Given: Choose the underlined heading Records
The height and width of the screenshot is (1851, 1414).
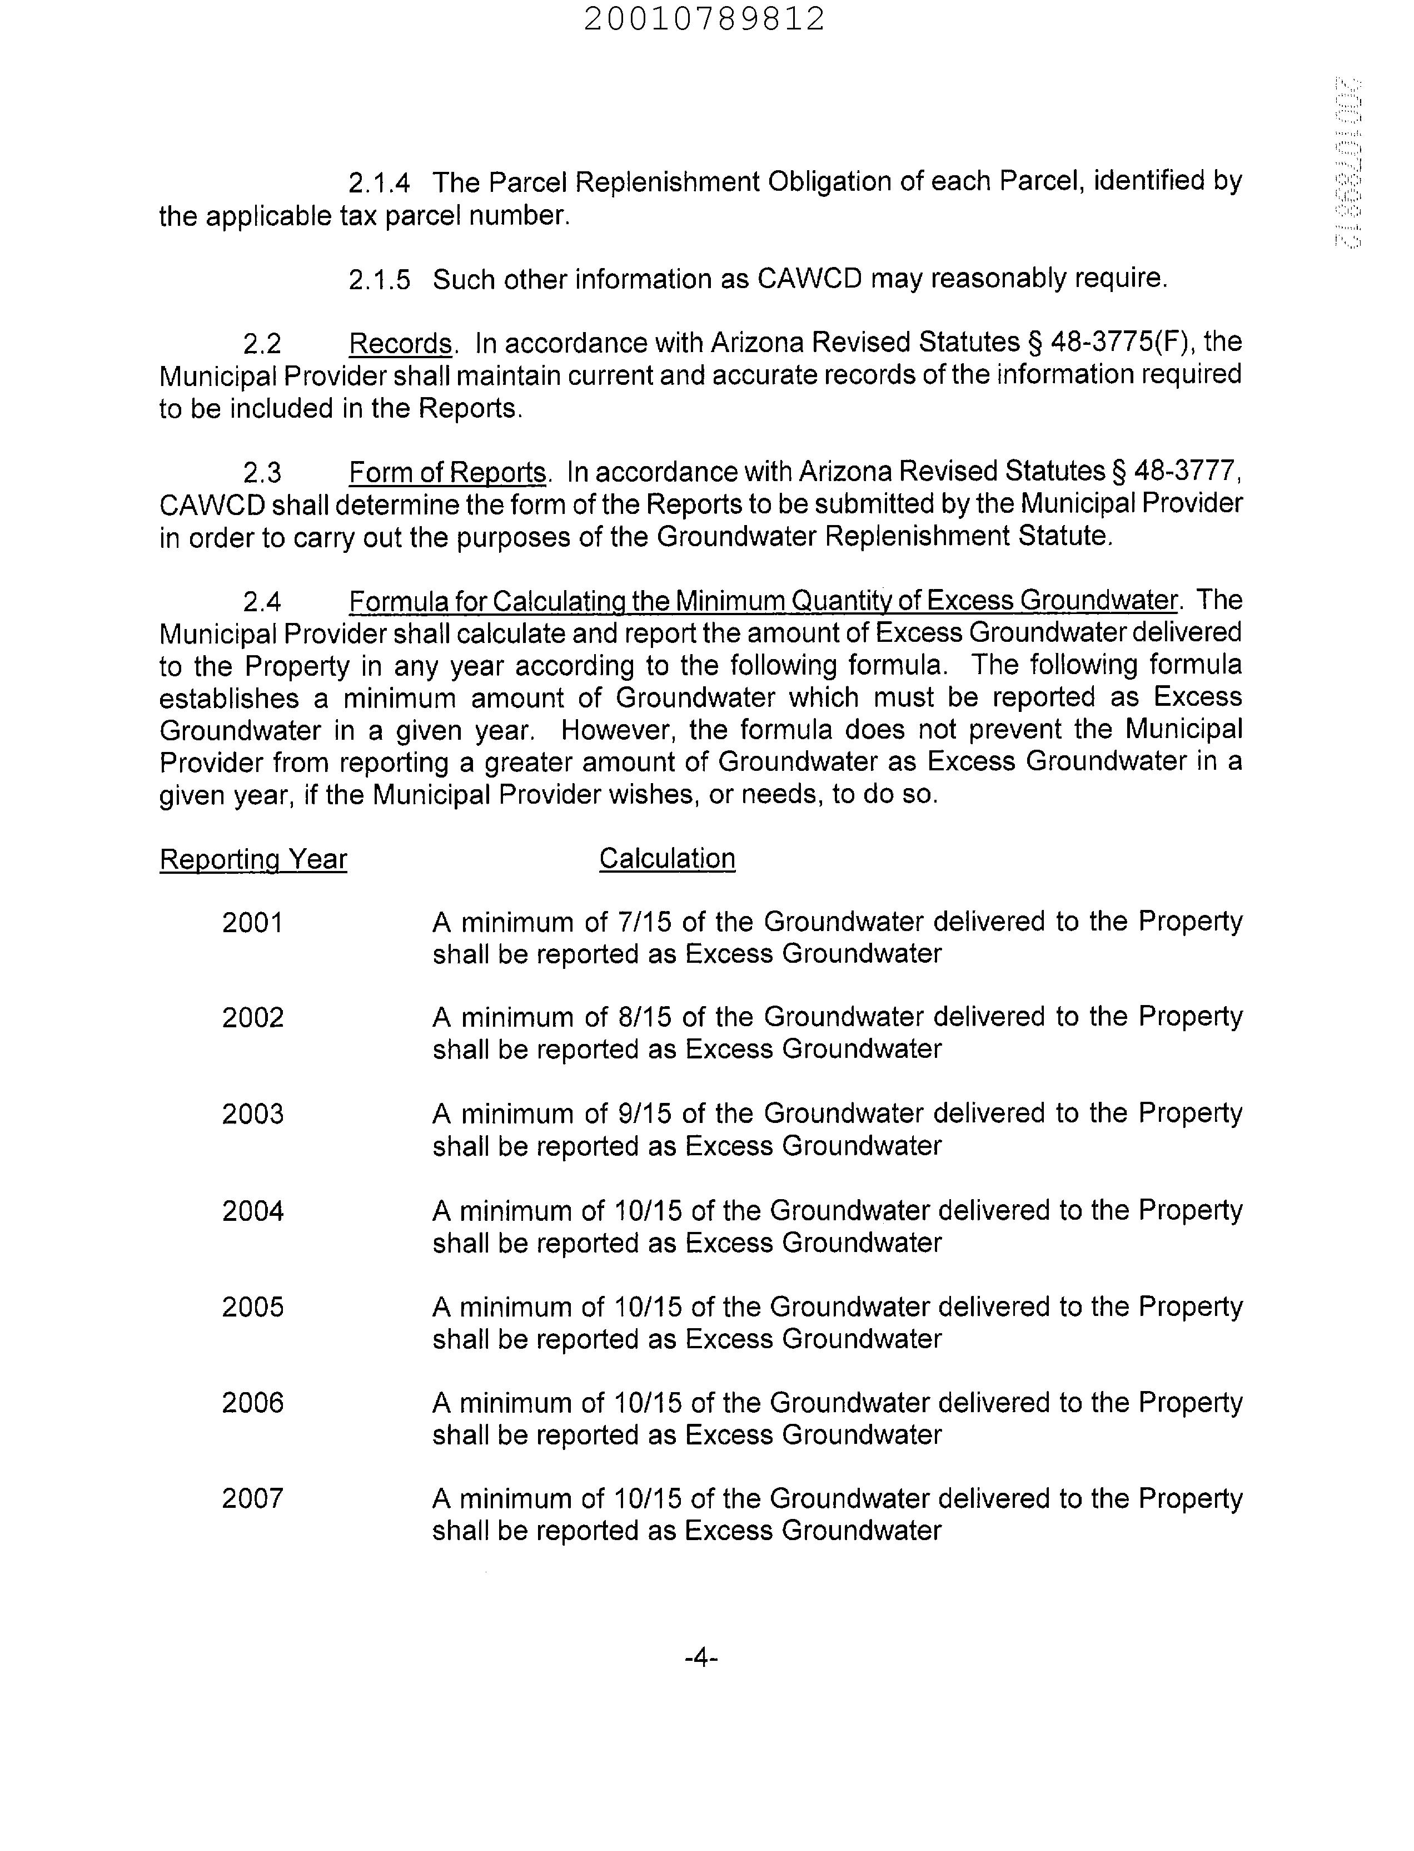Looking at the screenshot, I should [x=401, y=344].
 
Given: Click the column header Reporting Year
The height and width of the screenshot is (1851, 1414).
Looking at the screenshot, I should [x=253, y=860].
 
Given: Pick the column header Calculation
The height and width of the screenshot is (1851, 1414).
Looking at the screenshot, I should [x=666, y=859].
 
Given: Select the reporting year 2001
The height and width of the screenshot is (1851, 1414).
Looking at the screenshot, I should [x=252, y=923].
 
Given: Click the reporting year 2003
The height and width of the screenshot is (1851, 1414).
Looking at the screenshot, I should [x=252, y=1114].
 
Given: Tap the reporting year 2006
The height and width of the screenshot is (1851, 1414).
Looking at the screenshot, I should [x=252, y=1402].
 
